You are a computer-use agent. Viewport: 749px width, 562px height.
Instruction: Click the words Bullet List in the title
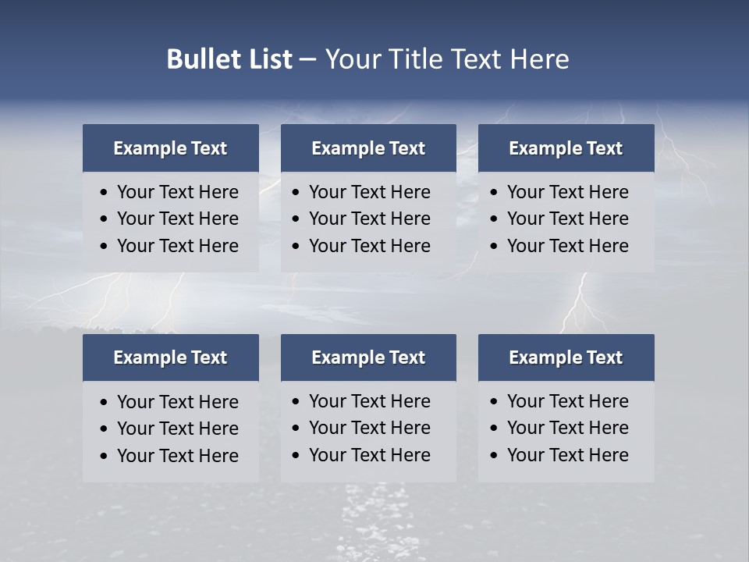229,59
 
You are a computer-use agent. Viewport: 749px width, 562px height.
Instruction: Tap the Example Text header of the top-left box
170,148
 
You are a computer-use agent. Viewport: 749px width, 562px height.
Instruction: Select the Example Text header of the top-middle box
368,148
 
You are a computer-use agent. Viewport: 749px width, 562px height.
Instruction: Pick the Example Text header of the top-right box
566,148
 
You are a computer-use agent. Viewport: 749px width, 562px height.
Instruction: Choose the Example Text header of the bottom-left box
170,357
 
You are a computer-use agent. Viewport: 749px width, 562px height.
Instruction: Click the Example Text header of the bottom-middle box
368,357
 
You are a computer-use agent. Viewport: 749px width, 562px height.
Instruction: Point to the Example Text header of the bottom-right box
566,357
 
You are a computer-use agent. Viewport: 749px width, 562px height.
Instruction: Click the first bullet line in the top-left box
177,192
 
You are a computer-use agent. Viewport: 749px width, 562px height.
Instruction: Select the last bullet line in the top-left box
177,246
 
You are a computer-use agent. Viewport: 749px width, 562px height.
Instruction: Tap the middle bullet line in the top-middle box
369,219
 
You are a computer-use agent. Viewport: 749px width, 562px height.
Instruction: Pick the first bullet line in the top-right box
567,192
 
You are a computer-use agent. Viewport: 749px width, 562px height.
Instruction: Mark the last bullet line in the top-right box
567,246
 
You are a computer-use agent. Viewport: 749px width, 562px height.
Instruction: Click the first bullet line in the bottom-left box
177,402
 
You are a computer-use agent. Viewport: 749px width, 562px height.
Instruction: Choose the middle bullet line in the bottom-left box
177,429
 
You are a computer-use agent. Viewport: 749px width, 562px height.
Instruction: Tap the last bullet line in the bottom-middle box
369,455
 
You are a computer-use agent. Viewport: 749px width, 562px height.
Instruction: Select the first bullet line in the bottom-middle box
369,401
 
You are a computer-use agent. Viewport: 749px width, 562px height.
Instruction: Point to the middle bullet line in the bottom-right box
567,428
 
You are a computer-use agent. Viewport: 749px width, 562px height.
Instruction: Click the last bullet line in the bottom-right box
567,455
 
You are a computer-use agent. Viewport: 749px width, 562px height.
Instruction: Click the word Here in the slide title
539,59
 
